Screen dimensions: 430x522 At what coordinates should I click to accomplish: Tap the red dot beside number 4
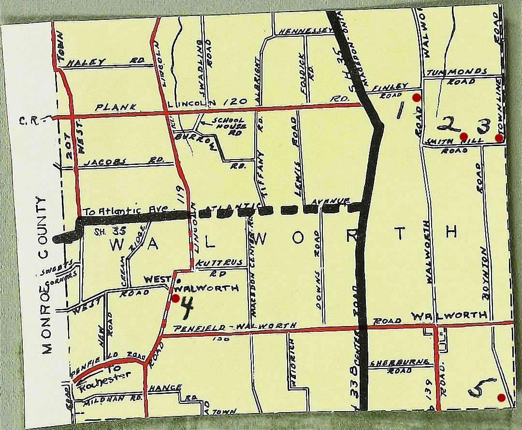(x=175, y=298)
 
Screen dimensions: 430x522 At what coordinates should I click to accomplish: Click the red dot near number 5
(x=501, y=398)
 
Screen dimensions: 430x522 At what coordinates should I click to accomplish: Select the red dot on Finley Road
(x=416, y=97)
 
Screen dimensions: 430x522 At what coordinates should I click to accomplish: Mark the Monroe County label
(x=44, y=275)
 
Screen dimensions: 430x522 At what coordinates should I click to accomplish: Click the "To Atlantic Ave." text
(x=124, y=211)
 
